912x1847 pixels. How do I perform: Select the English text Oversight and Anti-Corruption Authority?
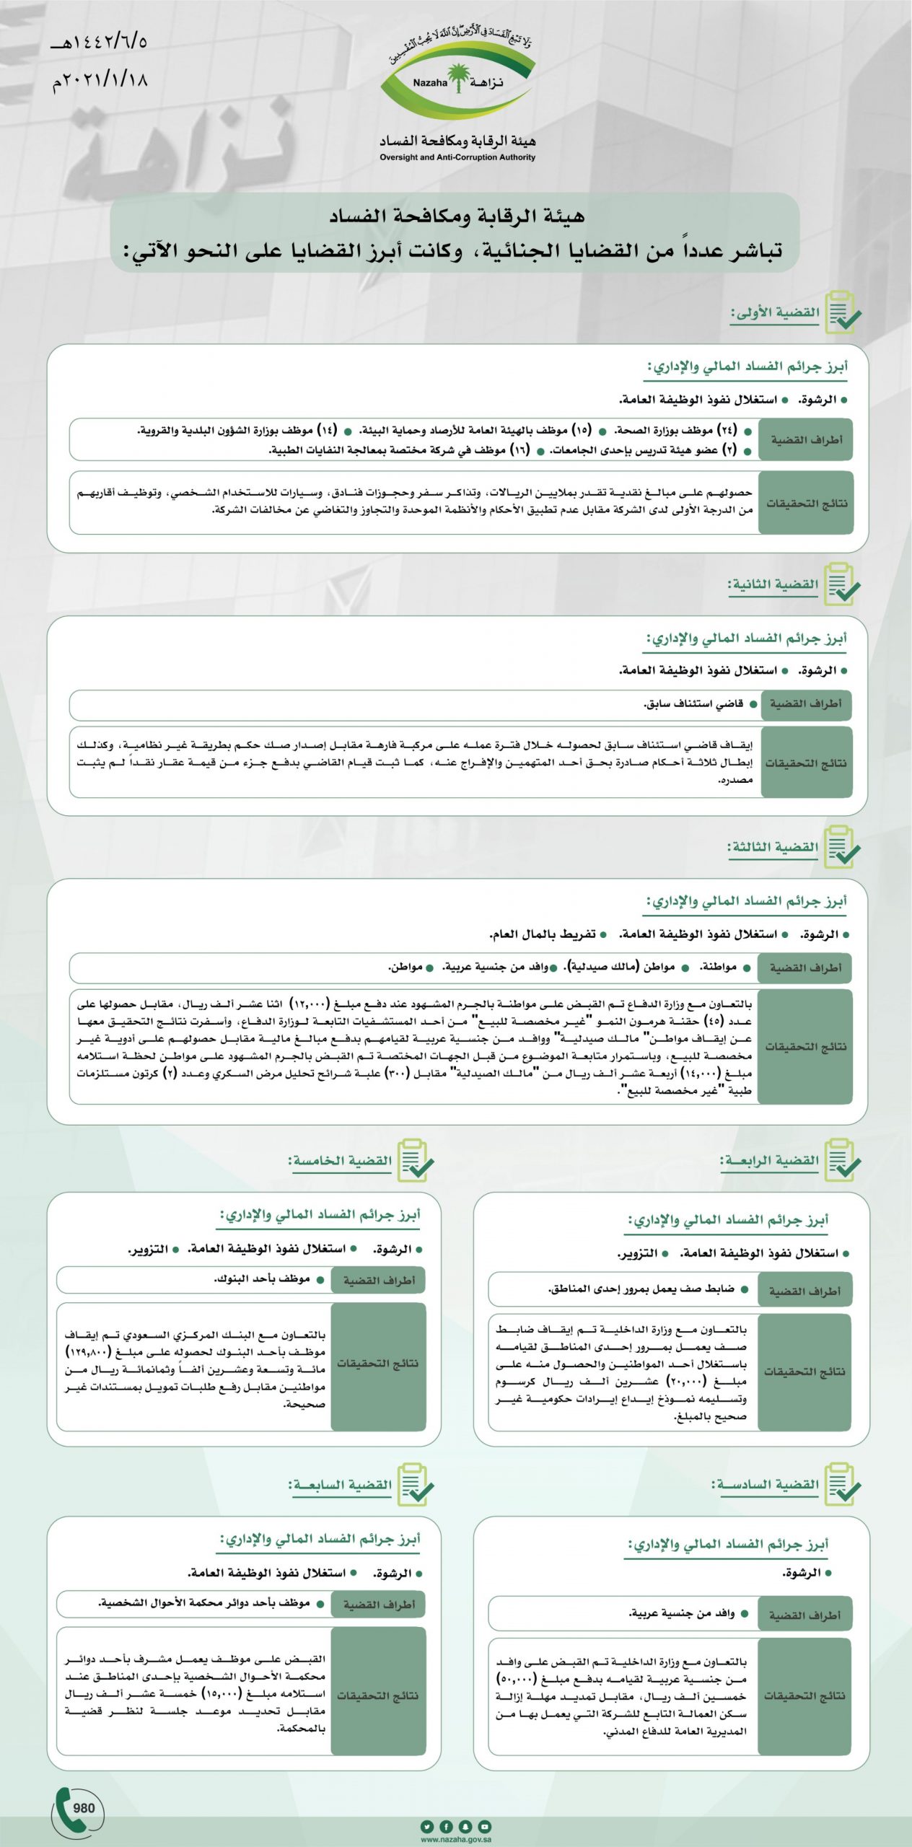click(x=457, y=157)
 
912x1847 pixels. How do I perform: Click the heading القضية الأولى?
click(x=776, y=313)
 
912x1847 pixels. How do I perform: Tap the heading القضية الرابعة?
click(x=770, y=1161)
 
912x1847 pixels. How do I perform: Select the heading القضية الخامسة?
click(x=341, y=1161)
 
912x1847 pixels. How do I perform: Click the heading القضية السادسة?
click(x=766, y=1485)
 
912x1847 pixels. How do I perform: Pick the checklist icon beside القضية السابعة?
click(x=416, y=1484)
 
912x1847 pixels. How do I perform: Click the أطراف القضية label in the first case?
click(x=806, y=439)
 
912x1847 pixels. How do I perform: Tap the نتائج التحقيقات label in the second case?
click(x=806, y=763)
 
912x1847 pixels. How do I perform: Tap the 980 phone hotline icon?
click(x=77, y=1808)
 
